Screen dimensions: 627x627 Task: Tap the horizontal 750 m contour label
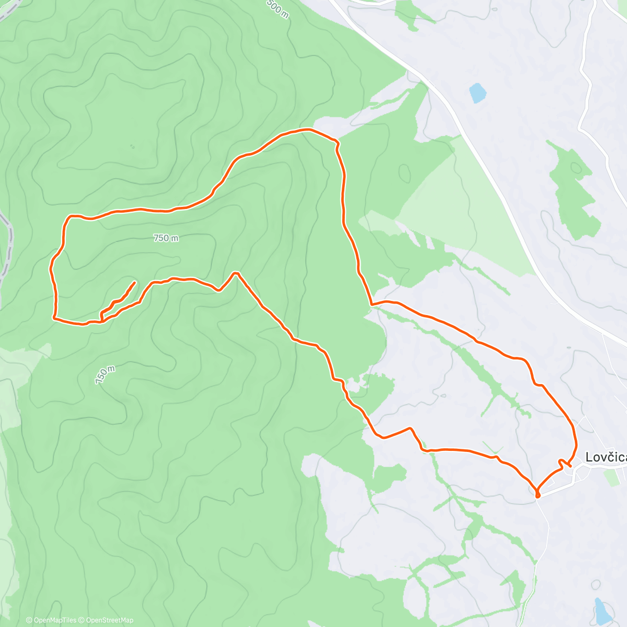166,238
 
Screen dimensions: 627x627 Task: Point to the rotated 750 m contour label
105,375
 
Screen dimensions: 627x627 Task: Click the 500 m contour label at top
277,8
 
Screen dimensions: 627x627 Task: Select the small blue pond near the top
478,93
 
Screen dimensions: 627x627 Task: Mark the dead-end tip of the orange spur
135,282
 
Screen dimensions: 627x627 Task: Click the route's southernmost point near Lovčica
537,495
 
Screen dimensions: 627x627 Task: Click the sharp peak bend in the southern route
236,273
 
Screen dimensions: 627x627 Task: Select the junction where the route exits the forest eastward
371,304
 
